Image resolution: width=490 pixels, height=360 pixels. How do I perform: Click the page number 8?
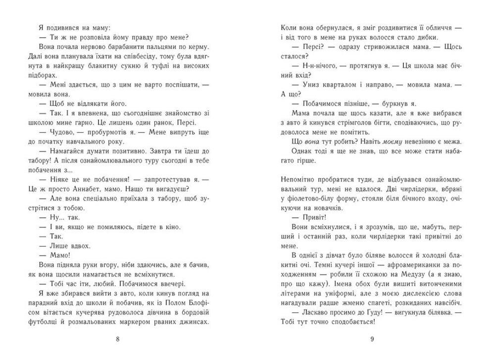click(x=117, y=339)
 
